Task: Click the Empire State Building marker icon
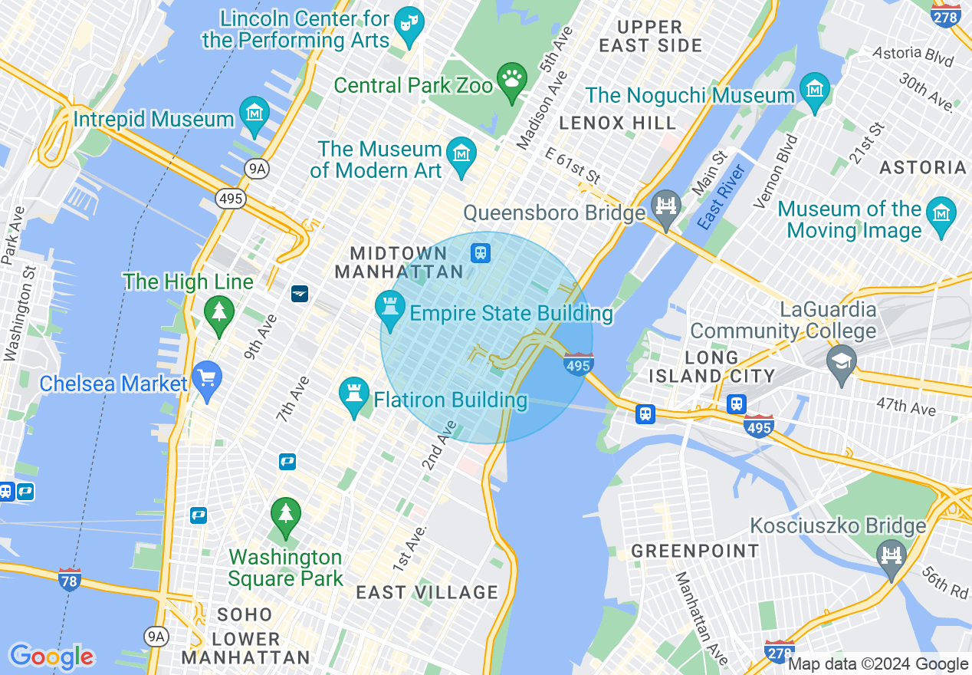(390, 307)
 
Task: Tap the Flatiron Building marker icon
(354, 393)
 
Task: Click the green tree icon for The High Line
(219, 311)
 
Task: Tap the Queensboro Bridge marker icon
(665, 206)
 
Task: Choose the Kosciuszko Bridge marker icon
(892, 554)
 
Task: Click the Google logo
(51, 657)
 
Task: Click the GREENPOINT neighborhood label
(695, 551)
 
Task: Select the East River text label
(721, 196)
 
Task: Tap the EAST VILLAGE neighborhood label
(427, 592)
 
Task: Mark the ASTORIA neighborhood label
(923, 167)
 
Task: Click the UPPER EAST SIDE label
(650, 36)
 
